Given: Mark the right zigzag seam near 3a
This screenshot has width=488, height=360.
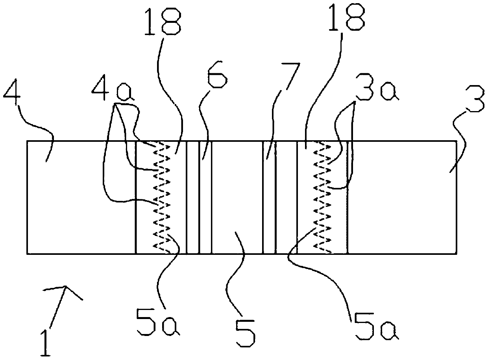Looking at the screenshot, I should pos(322,197).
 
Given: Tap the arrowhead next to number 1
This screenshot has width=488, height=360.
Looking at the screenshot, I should pos(65,291).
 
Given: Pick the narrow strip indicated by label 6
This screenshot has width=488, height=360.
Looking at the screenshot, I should pos(205,197).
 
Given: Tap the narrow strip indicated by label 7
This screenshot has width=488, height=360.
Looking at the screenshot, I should pos(269,197).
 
